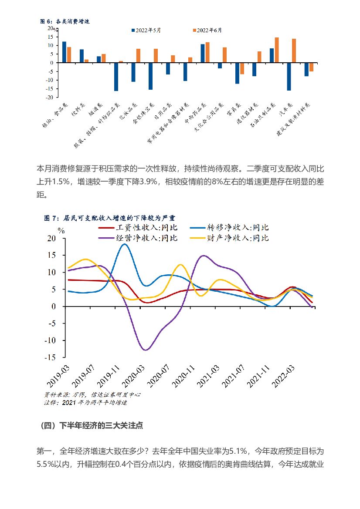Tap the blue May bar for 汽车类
tap(289, 77)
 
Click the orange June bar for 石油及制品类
tap(276, 50)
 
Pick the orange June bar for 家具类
tap(242, 68)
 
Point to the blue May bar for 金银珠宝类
tap(150, 76)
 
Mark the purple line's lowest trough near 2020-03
tap(146, 350)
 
